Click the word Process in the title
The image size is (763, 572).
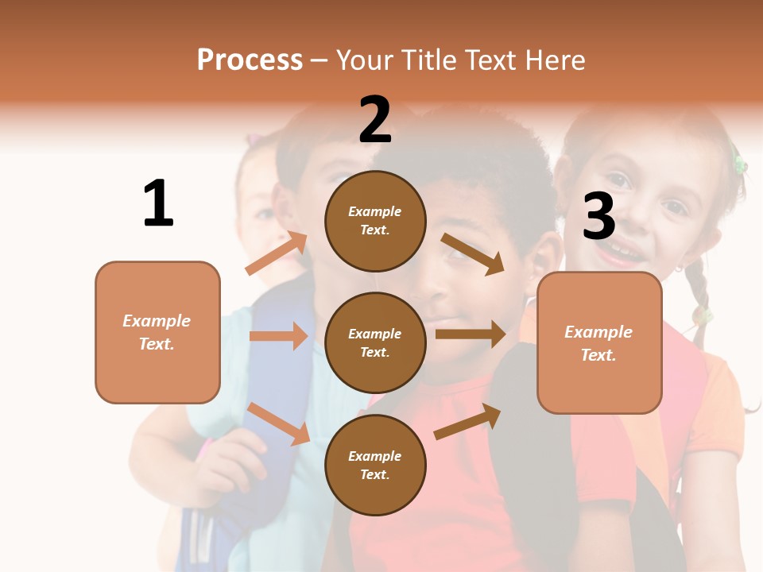tap(250, 60)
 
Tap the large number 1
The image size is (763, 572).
tap(158, 205)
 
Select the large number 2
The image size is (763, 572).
tap(375, 121)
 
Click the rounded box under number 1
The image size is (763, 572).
tap(157, 332)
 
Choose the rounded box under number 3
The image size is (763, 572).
tap(599, 342)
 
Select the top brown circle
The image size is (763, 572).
tap(375, 221)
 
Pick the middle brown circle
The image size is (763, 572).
tap(375, 342)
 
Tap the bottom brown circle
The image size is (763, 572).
tap(375, 465)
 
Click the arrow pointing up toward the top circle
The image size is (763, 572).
tap(277, 253)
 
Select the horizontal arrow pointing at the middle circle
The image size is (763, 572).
tap(278, 336)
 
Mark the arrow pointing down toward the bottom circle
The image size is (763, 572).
tap(278, 423)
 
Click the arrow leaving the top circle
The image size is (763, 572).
tap(473, 253)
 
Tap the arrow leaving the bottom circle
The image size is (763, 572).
tap(467, 421)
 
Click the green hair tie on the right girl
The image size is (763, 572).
tap(739, 165)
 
